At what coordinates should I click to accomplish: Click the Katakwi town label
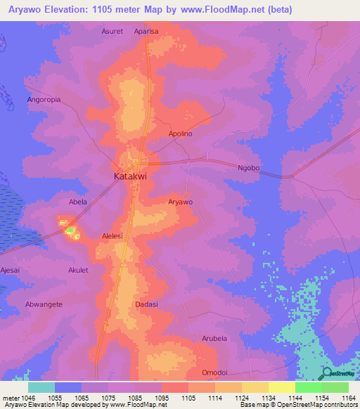coord(130,177)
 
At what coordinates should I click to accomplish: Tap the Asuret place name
coord(112,32)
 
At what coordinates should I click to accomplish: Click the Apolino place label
coord(181,134)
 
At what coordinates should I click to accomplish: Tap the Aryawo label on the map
coord(181,202)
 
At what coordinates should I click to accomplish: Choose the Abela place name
coord(77,202)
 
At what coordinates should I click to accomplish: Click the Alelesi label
coord(112,237)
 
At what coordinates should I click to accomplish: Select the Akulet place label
coord(78,270)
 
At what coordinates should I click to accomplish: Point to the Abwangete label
coord(44,304)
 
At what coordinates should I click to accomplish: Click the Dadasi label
coord(146,304)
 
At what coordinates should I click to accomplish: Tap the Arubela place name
coord(215,339)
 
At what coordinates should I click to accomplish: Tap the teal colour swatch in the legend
coord(41,387)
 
